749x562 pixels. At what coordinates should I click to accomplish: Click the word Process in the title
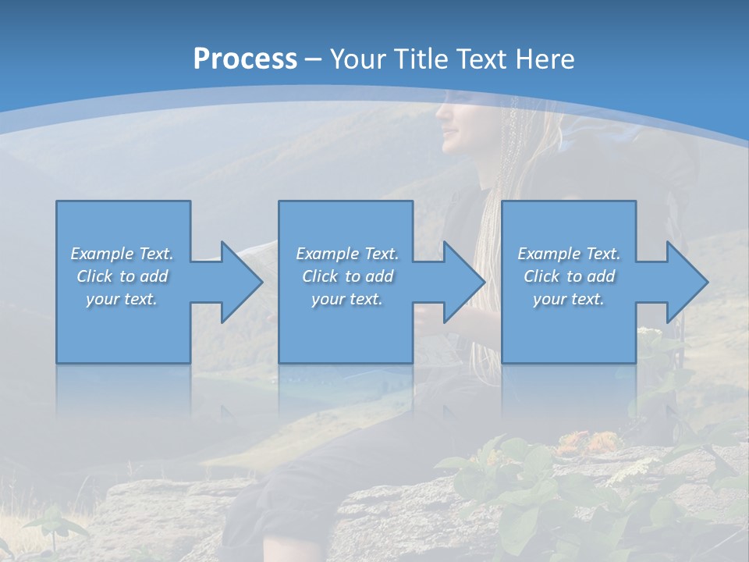point(245,59)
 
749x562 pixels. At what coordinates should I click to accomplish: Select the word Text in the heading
point(481,59)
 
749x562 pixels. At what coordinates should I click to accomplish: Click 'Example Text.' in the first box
point(122,254)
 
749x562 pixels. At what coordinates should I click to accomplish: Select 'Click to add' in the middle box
point(347,276)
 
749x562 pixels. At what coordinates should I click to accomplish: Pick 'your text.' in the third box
point(569,299)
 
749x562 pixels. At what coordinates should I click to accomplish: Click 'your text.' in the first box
point(122,299)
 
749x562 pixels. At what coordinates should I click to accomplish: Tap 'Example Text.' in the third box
point(569,254)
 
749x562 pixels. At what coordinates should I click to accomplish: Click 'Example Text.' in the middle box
point(347,254)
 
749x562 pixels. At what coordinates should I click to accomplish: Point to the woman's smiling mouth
point(450,142)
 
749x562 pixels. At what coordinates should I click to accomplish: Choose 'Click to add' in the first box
point(122,276)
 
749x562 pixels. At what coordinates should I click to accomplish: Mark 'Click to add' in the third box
point(569,276)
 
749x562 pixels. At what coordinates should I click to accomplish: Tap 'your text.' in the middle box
point(347,299)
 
